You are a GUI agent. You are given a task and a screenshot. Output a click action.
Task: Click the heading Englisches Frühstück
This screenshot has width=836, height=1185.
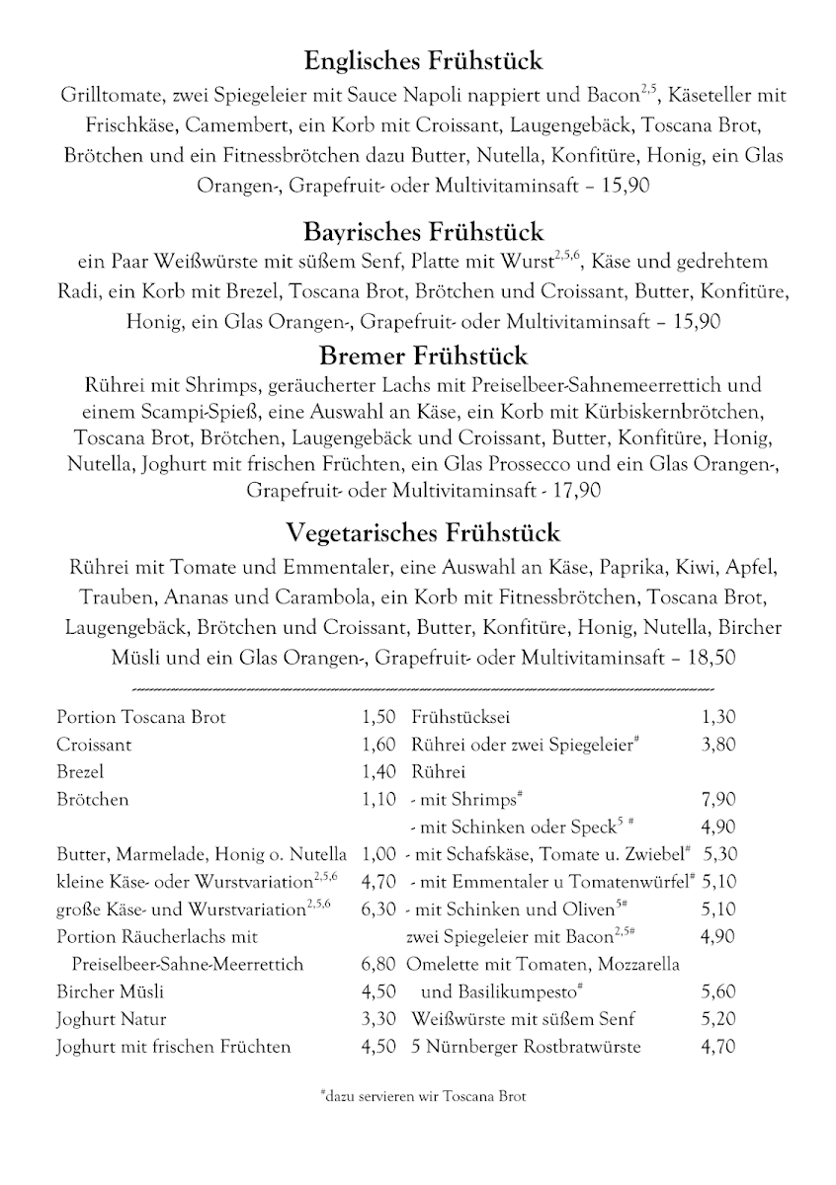point(423,61)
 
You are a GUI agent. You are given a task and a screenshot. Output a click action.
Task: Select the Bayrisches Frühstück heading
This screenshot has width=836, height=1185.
point(423,232)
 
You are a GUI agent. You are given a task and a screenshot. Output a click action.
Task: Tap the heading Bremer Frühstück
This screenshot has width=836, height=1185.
point(423,355)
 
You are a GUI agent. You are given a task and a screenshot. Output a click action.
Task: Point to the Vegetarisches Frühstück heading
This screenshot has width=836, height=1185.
point(423,533)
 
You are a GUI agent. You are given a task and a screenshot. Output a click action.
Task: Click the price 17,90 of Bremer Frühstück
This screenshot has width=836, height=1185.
point(577,490)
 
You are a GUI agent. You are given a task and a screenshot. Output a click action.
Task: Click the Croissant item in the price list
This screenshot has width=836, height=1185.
point(94,746)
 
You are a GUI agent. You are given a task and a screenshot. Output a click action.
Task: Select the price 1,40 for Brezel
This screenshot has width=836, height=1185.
point(378,772)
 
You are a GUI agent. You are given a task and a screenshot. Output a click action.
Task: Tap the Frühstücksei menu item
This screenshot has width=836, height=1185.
point(460,718)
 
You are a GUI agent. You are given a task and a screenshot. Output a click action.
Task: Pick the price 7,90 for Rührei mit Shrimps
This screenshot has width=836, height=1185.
point(718,800)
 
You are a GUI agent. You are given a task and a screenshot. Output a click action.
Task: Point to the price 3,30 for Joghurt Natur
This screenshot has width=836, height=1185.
point(378,1019)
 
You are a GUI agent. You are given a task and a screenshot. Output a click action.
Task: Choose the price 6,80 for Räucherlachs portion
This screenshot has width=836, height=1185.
point(378,964)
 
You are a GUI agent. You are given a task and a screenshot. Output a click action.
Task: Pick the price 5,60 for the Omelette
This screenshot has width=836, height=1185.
point(718,991)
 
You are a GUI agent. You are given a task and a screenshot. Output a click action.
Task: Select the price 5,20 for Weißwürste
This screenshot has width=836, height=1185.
point(718,1019)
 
